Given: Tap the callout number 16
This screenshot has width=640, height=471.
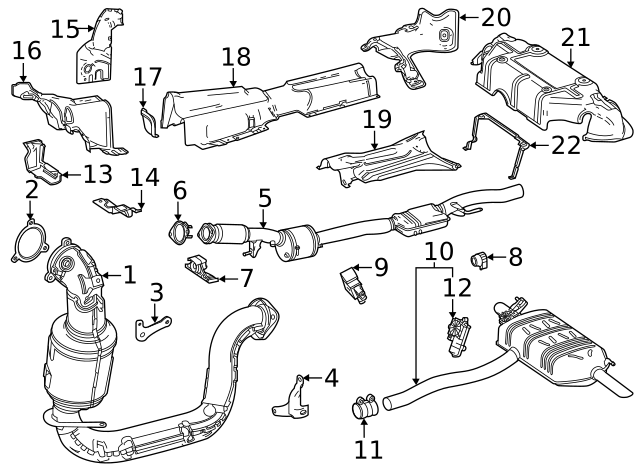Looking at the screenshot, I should click(x=27, y=51).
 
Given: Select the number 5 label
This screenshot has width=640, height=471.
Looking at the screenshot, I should click(x=264, y=199).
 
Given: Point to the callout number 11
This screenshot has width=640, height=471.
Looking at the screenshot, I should click(x=368, y=448).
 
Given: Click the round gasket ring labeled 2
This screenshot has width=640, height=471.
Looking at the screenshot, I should click(x=33, y=245).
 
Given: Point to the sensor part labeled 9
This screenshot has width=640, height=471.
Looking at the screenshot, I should click(x=355, y=279).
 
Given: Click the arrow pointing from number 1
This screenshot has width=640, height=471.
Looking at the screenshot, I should click(x=106, y=274).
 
